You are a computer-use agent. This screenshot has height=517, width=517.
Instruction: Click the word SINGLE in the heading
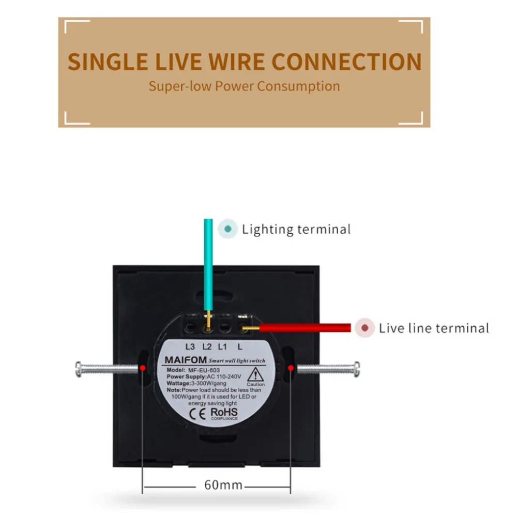pos(108,62)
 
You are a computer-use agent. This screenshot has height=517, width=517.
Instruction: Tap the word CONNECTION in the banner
pos(346,62)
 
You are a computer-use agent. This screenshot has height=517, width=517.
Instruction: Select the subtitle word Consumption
pos(298,86)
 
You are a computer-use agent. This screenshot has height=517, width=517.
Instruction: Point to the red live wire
pos(305,328)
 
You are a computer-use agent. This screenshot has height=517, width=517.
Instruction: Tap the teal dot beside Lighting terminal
pos(227,229)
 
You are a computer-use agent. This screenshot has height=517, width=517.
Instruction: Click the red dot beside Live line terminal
pos(364,328)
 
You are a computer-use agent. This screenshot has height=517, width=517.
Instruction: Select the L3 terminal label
pos(190,346)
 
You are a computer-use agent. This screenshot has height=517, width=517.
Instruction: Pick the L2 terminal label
pos(207,346)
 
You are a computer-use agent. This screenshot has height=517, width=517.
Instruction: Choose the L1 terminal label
pos(222,346)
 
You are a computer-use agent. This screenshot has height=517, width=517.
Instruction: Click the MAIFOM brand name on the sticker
pos(186,360)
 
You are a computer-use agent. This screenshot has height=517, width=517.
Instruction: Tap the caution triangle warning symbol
pos(255,375)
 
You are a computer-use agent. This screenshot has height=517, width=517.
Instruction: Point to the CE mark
pos(197,414)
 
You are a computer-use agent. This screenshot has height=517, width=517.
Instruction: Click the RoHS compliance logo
pos(224,414)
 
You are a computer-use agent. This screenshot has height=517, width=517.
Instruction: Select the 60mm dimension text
pos(223,485)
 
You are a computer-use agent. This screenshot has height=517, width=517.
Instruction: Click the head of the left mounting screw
pos(78,369)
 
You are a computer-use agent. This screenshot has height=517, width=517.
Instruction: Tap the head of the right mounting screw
pos(356,369)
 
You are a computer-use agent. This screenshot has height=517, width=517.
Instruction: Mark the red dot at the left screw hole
pos(143,368)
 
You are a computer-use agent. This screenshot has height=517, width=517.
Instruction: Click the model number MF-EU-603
pos(204,370)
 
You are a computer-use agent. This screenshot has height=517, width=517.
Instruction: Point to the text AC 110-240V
pos(224,376)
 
